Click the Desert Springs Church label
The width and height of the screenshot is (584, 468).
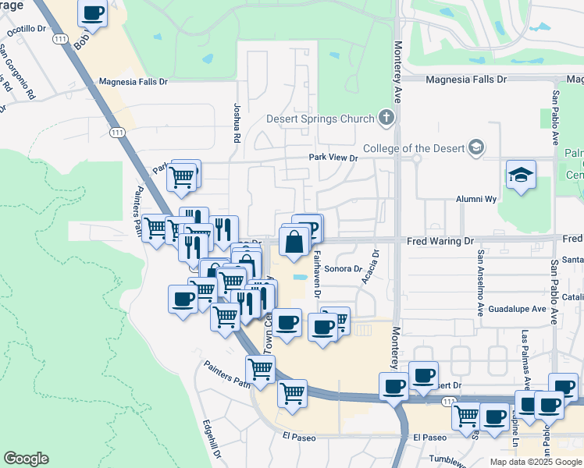click(x=320, y=119)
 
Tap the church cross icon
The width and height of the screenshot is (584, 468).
click(x=385, y=119)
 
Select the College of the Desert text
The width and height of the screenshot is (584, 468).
click(x=413, y=149)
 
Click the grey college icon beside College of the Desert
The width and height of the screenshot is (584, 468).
click(x=476, y=147)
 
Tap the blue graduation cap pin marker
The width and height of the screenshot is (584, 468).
click(x=521, y=175)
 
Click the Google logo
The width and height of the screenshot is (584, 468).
click(x=26, y=459)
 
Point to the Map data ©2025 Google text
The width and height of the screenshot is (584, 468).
click(x=535, y=462)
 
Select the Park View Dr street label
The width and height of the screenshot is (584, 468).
click(x=333, y=158)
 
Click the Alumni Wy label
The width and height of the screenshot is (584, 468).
click(x=476, y=200)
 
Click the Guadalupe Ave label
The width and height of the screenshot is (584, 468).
click(x=517, y=309)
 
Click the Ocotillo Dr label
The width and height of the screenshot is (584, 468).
click(x=27, y=30)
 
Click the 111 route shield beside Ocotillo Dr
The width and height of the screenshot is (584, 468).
click(x=59, y=38)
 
